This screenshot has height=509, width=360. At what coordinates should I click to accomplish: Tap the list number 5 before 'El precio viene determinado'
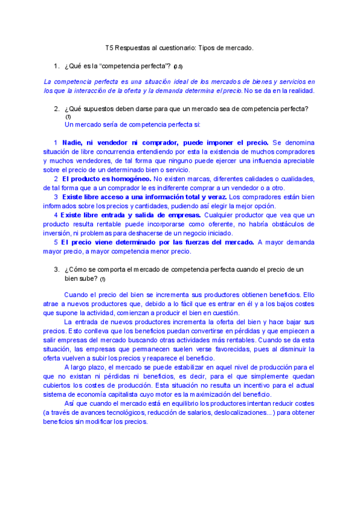point(55,242)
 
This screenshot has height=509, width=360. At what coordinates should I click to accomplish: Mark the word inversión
point(61,233)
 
